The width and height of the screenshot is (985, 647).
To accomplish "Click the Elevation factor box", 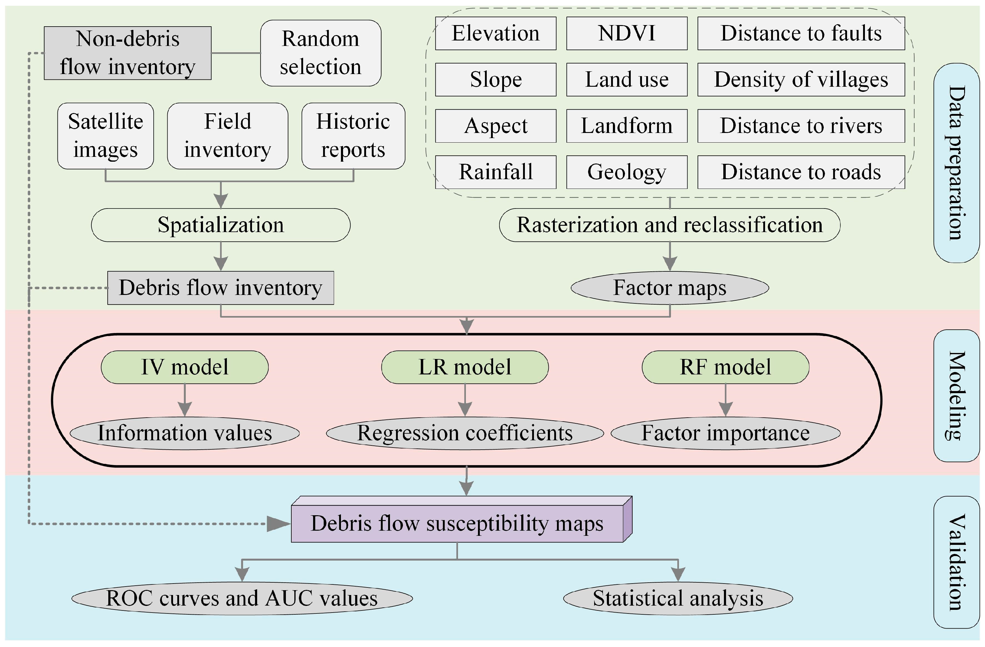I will [496, 34].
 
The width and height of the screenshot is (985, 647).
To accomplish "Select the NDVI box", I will [627, 34].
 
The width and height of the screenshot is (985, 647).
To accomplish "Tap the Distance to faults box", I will [801, 34].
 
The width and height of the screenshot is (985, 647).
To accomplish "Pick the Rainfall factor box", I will [496, 172].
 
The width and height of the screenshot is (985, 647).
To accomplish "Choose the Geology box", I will [627, 172].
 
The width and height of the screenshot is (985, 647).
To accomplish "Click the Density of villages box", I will [801, 80].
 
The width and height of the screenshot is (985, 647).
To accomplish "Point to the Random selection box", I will [320, 53].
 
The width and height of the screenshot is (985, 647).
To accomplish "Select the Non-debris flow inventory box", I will [127, 53].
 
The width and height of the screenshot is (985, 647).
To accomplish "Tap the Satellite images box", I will [106, 136].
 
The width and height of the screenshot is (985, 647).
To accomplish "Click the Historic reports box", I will [353, 136].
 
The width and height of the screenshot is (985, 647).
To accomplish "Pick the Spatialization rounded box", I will [221, 225].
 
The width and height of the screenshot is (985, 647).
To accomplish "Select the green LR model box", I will [464, 367].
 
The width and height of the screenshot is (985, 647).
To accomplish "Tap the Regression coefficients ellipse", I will [464, 433].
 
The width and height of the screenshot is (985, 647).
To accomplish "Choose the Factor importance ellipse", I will [725, 433].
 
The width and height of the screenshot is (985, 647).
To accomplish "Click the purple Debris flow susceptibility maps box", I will [457, 523].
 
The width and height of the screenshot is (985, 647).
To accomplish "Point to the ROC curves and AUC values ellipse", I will [242, 598].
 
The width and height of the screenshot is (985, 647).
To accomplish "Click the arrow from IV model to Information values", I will [185, 400].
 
